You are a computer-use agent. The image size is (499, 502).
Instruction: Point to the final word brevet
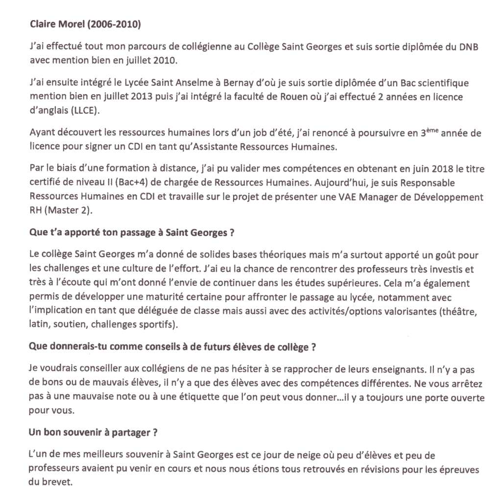point(60,482)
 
